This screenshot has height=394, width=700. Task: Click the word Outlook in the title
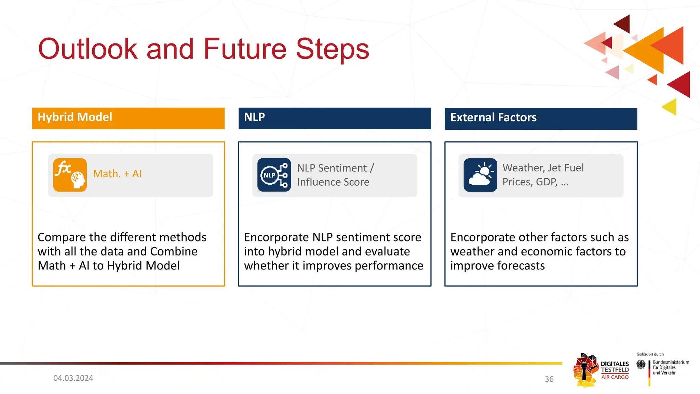point(88,49)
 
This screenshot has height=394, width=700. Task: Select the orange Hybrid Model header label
point(75,117)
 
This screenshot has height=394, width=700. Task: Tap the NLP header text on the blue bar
point(254,117)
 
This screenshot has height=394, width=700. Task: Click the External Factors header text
point(493,117)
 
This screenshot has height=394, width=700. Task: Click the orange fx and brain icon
point(70,175)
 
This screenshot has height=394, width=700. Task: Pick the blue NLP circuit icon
point(274,175)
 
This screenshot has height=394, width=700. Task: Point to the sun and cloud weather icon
point(480,175)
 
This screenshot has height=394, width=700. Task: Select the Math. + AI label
point(117,174)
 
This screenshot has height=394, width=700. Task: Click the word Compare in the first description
point(62,237)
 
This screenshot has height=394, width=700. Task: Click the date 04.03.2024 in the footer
point(73,378)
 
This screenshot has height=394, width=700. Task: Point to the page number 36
point(549,379)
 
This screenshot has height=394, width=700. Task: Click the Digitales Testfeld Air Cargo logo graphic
point(586,370)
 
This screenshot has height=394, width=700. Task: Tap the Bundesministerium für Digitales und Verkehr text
point(671,367)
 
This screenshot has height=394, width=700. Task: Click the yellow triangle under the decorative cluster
point(670,107)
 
